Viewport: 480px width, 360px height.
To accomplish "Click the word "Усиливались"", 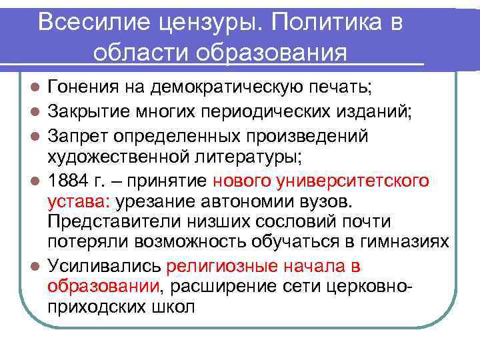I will click(x=104, y=267).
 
